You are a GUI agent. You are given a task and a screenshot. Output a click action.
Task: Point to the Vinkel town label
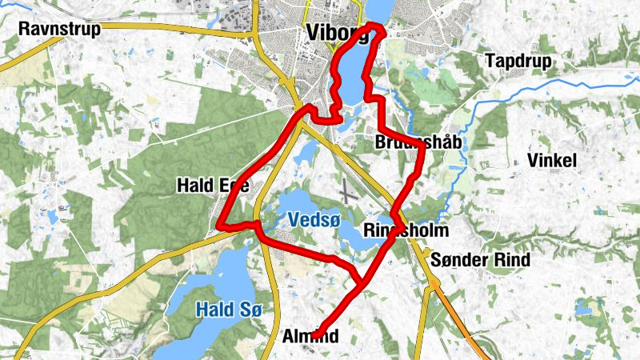coord(552,161)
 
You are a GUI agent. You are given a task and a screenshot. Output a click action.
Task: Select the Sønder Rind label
coord(480,260)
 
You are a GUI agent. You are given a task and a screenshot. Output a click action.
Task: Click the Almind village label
coord(313,337)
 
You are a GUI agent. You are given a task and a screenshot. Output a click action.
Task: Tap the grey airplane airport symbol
coord(346,192)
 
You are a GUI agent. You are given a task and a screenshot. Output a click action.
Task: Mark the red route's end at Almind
coord(317,334)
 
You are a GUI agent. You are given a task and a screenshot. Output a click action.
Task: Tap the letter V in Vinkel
coord(534,161)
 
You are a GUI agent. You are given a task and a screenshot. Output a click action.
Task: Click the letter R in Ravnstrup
coord(25,30)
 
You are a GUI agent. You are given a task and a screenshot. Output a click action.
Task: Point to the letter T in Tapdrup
coord(490,61)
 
